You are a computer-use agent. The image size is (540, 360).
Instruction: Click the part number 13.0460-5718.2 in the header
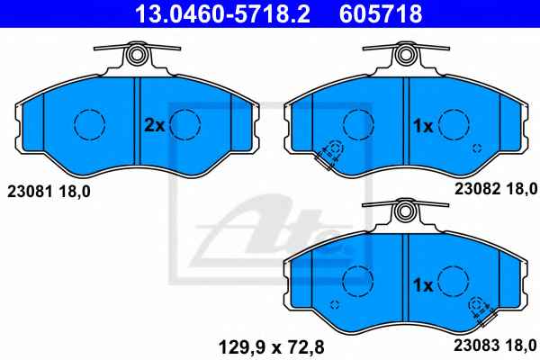[x=222, y=13]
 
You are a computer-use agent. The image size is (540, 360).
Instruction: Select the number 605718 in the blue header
[x=381, y=13]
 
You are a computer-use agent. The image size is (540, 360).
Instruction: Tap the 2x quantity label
[x=154, y=126]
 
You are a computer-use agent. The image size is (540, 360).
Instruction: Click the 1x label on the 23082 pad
[x=423, y=126]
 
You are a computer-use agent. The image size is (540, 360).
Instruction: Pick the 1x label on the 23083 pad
[x=423, y=285]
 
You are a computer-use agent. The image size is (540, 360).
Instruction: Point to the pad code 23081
[x=30, y=192]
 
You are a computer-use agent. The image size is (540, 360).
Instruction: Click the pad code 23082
[x=477, y=189]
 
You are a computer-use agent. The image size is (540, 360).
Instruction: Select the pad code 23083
[x=477, y=346]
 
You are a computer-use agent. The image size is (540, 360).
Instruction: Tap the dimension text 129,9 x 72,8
[x=272, y=347]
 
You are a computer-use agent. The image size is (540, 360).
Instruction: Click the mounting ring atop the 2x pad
[x=138, y=53]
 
